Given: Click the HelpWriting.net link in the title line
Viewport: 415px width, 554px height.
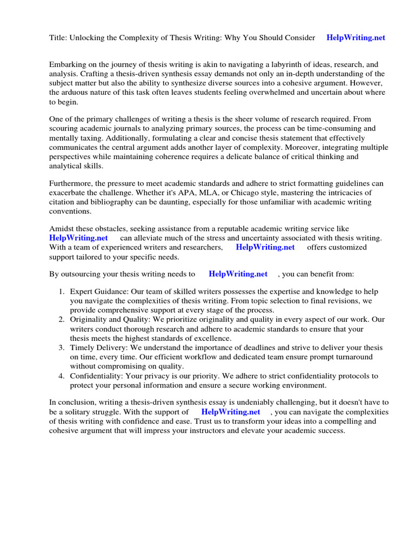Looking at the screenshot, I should pyautogui.click(x=356, y=37).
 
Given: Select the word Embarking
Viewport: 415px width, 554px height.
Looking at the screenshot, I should pyautogui.click(x=68, y=64).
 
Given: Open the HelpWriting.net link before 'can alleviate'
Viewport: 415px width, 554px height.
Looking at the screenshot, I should pyautogui.click(x=78, y=238).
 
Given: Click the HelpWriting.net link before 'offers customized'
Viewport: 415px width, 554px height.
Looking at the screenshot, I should pyautogui.click(x=265, y=247).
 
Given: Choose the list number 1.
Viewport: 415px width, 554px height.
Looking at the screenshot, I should pyautogui.click(x=61, y=292).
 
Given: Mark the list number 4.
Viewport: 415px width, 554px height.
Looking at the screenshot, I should pyautogui.click(x=61, y=376).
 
